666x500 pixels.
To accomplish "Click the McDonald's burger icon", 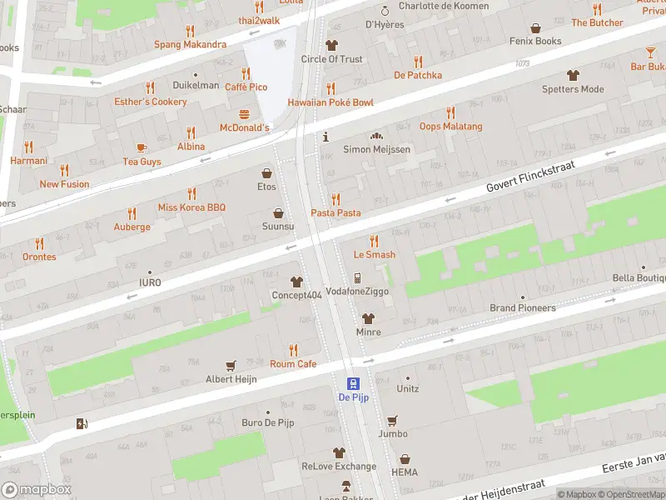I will coord(245,114).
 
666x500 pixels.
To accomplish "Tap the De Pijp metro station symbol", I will coord(353,383).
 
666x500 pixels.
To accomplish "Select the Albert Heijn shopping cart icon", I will coord(231,365).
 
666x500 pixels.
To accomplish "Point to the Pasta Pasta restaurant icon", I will coord(335,199).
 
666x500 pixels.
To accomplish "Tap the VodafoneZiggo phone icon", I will coord(357,278).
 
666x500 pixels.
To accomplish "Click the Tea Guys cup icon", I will coord(142,147).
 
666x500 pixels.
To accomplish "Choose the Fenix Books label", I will coord(537,41).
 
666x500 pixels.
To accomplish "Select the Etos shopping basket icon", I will coord(266,173).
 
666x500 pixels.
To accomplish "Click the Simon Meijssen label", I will coord(377,149).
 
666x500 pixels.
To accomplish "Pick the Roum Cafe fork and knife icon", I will coord(293,350).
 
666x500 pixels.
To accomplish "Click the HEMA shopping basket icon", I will coord(405,459).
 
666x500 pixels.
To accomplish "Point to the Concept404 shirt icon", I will coord(296,282).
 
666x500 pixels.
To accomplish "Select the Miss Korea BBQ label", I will coord(192,207).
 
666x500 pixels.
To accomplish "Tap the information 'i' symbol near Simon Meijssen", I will coord(326,136).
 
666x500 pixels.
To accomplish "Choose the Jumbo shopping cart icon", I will coord(392,420).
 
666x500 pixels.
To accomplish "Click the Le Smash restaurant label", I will coord(375,254).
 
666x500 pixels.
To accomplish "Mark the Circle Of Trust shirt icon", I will coord(331,45).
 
